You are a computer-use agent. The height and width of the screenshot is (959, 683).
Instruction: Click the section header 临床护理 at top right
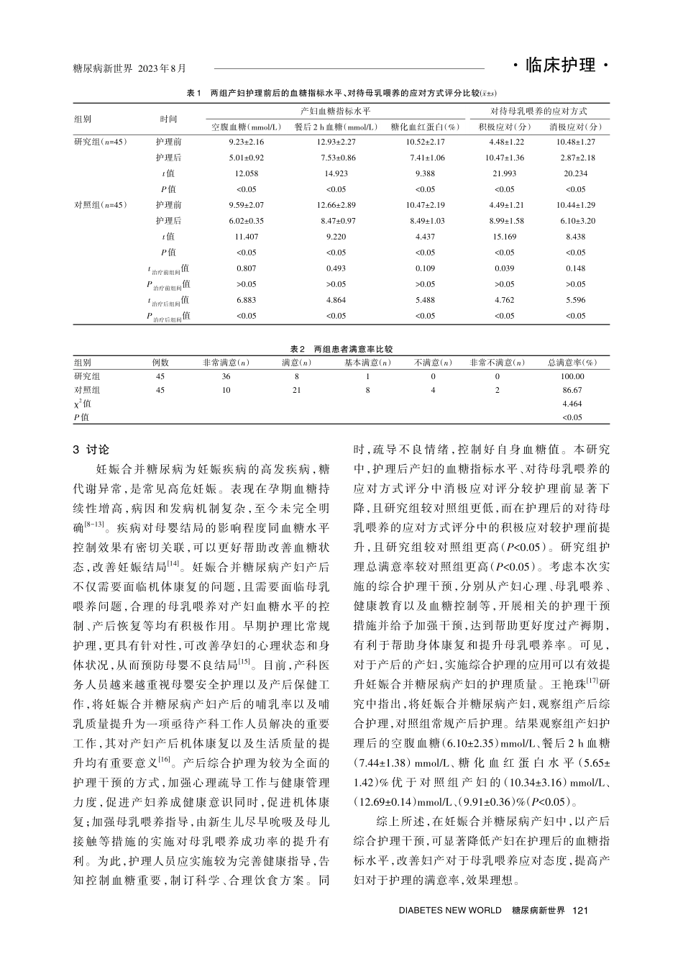[561, 66]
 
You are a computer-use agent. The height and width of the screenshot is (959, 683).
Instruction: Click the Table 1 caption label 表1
[192, 94]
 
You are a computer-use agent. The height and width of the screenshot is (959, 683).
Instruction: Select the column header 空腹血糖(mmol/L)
[246, 127]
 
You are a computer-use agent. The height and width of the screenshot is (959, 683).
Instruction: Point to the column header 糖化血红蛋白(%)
[425, 127]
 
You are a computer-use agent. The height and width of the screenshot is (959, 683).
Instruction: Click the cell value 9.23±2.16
[247, 142]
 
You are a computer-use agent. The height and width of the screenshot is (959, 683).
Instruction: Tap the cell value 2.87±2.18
[577, 158]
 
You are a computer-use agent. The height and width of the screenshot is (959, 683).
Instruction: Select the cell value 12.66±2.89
[336, 205]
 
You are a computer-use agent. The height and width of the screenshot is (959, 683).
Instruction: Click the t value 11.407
[247, 237]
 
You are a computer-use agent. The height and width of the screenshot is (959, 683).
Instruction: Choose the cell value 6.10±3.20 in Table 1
[577, 221]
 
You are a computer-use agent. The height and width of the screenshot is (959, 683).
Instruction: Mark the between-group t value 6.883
[247, 300]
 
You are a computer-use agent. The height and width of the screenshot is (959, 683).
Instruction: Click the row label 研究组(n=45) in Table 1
[101, 142]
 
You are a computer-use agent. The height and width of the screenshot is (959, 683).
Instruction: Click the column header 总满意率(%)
[572, 363]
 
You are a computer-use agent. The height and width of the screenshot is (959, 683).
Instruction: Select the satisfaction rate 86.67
[572, 390]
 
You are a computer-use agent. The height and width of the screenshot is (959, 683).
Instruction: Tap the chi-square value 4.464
[572, 404]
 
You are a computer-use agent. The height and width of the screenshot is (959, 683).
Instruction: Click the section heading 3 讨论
[92, 450]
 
